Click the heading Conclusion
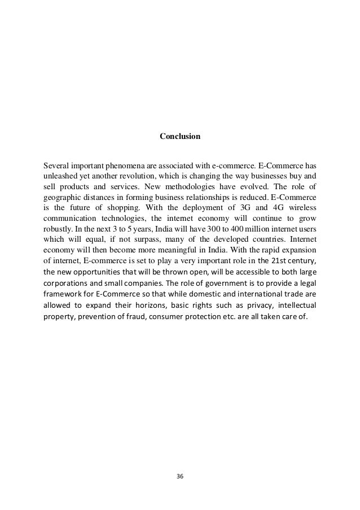179,137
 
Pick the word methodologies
181,188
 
